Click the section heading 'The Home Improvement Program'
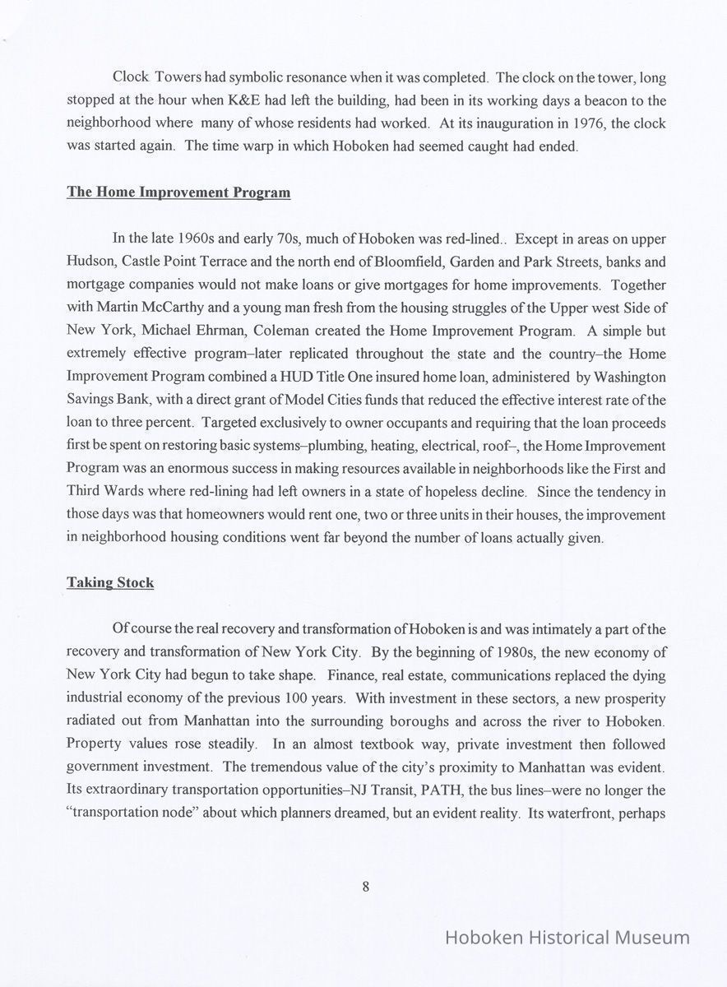(x=178, y=192)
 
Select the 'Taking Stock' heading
(x=109, y=582)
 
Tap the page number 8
(x=364, y=886)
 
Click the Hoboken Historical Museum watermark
(x=567, y=938)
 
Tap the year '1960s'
(x=197, y=239)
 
